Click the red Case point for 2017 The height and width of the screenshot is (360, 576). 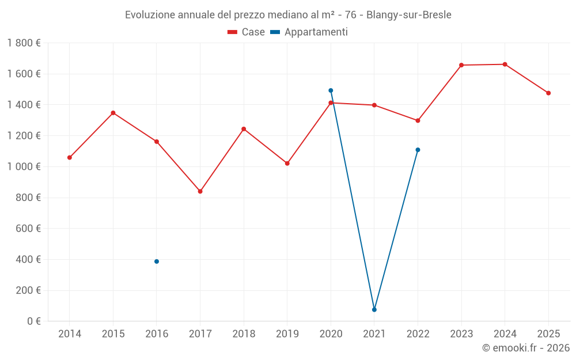click(200, 191)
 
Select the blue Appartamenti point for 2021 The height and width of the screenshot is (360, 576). click(374, 310)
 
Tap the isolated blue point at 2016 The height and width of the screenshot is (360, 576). click(157, 262)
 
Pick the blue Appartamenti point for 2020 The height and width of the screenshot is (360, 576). click(331, 90)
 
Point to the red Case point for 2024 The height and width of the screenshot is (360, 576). click(505, 65)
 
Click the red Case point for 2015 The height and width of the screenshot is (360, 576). click(113, 113)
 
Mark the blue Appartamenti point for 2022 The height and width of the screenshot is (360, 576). click(418, 150)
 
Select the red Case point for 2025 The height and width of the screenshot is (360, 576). click(548, 93)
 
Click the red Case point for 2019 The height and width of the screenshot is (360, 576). click(287, 164)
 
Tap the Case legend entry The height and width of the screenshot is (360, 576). click(246, 32)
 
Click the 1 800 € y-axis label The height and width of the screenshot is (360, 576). click(24, 43)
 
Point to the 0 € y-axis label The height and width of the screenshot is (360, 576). click(32, 321)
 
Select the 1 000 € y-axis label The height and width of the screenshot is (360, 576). click(24, 167)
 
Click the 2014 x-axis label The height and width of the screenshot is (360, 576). click(70, 334)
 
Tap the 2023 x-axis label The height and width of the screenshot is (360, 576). click(461, 334)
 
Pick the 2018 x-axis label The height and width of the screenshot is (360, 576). click(244, 334)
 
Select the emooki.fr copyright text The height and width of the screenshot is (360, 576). click(525, 348)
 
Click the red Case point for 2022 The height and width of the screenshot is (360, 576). click(418, 121)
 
